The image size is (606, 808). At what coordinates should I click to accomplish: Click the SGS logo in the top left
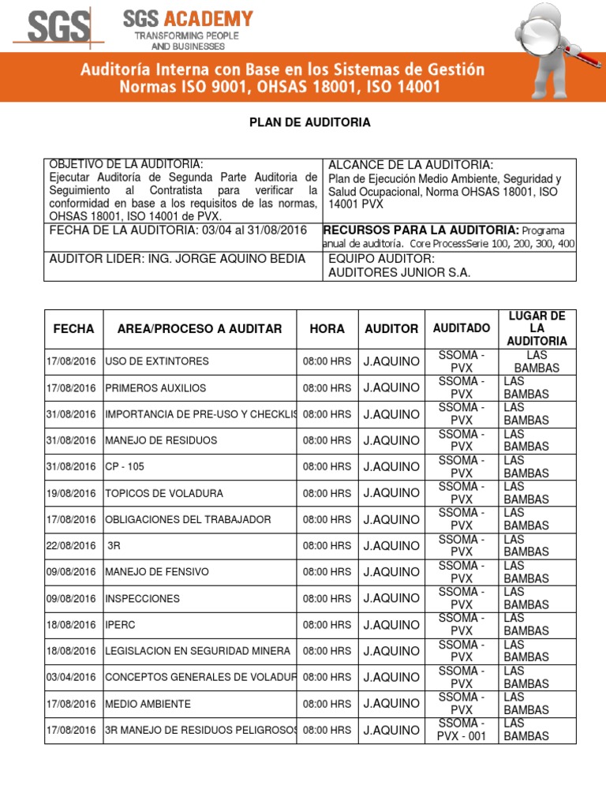coord(57,29)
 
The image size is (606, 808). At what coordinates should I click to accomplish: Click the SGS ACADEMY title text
coord(189,19)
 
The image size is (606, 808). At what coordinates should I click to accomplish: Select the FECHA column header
coord(73,328)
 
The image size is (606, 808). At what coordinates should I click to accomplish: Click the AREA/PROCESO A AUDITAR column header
coord(200,328)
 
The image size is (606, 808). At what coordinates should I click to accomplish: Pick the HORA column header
coord(327,328)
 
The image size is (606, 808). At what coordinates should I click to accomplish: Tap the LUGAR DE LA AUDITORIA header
coord(537,328)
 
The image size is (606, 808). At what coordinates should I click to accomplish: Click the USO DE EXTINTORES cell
coord(157,361)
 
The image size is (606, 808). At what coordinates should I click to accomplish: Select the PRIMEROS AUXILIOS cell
coord(155,388)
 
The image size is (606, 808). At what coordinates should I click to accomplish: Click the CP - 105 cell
coord(125,467)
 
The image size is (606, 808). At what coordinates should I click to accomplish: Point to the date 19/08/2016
coord(73,493)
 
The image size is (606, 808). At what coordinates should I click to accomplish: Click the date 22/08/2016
coord(73,546)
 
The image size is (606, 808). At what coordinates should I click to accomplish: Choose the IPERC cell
coord(121,625)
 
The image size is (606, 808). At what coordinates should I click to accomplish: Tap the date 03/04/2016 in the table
coord(73,677)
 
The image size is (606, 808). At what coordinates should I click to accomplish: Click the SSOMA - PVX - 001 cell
coord(462,730)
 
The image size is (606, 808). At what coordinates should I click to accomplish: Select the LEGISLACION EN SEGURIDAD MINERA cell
coord(197,651)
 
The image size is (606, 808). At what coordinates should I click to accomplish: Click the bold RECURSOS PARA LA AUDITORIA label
coord(421,230)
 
